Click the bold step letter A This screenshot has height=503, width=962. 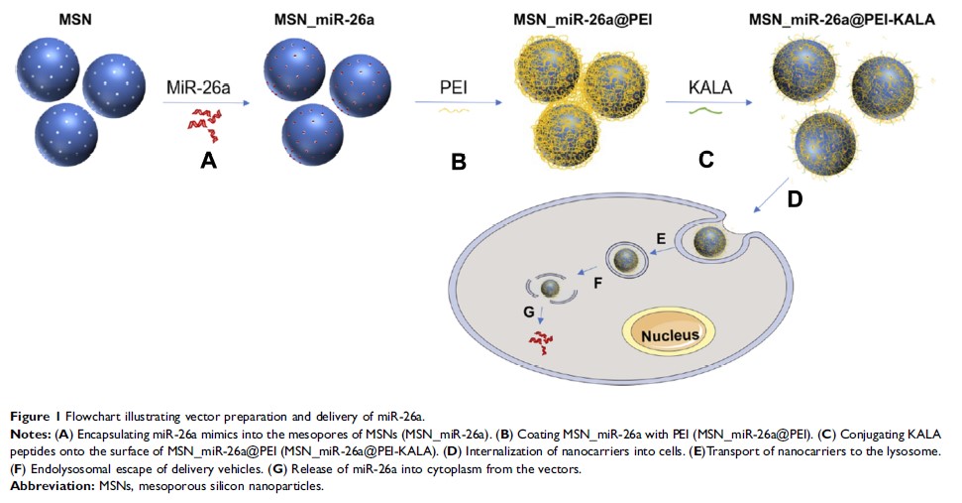(x=208, y=159)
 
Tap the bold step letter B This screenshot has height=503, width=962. (x=459, y=160)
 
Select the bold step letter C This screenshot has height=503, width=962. (x=705, y=159)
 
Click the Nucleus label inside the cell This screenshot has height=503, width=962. (x=669, y=334)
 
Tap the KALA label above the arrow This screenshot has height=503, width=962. (x=710, y=88)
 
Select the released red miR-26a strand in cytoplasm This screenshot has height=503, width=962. (x=541, y=341)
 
